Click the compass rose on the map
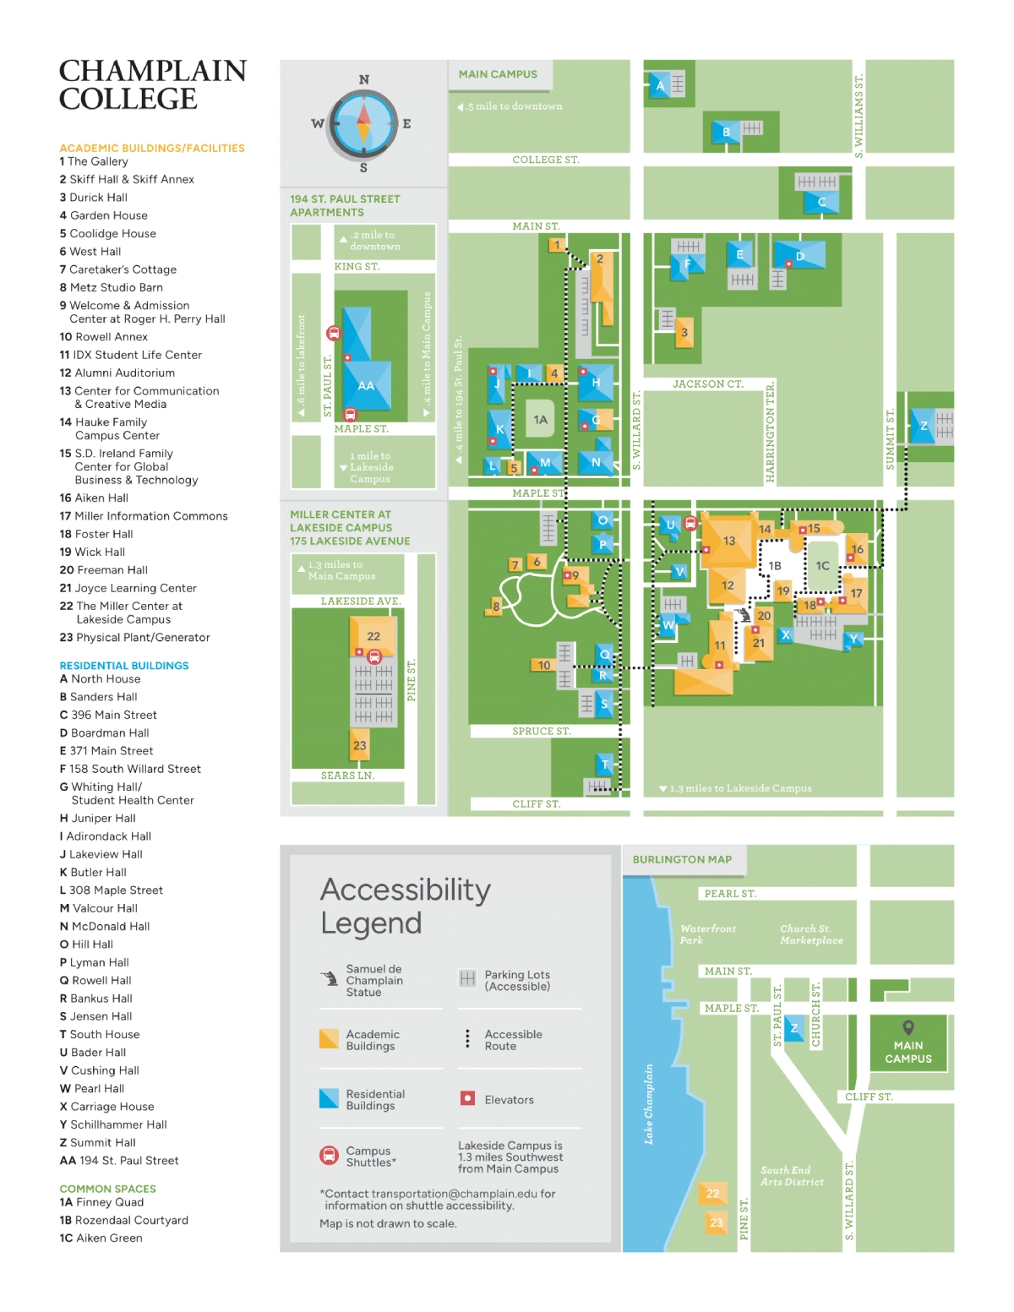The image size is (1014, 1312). point(363,124)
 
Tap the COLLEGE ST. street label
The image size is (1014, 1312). point(545,160)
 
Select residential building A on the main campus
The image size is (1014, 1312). point(659,85)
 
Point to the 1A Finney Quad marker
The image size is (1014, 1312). point(540,419)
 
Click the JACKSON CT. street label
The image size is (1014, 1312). point(708,384)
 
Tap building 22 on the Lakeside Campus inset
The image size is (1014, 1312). point(373,636)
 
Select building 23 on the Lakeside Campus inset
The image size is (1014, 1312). point(359,745)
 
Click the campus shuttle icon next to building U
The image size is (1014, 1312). point(690,524)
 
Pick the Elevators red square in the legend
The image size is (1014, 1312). point(466,1098)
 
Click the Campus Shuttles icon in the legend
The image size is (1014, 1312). point(329,1155)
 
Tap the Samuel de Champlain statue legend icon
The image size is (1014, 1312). point(330,978)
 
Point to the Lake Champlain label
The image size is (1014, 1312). point(649,1103)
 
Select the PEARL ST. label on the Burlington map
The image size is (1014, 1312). point(729,893)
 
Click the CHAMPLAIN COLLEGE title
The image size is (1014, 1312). point(152,84)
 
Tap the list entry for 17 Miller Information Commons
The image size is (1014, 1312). point(144,515)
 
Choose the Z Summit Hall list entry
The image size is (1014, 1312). point(97,1141)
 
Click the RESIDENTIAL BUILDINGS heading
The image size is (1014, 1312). point(124,666)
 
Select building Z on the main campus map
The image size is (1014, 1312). point(923,427)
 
